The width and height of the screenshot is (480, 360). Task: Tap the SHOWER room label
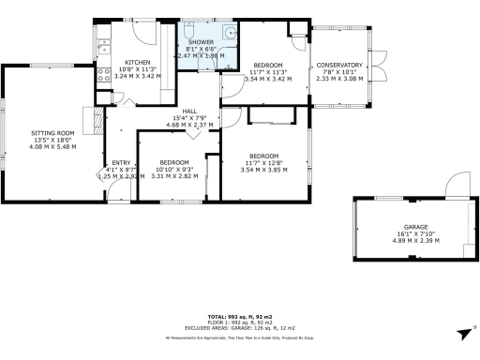pos(201,43)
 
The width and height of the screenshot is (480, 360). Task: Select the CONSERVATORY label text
pos(338,66)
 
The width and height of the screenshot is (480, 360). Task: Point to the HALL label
pos(189,111)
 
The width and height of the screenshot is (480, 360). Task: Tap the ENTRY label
pos(122,161)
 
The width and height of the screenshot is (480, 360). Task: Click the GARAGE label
pos(415,227)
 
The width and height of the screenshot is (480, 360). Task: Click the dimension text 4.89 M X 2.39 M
pos(415,241)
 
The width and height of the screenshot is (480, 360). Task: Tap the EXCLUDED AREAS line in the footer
pos(239,329)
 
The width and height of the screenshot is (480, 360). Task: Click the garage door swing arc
pos(457,184)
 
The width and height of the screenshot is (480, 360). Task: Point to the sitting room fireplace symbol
pos(93,118)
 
